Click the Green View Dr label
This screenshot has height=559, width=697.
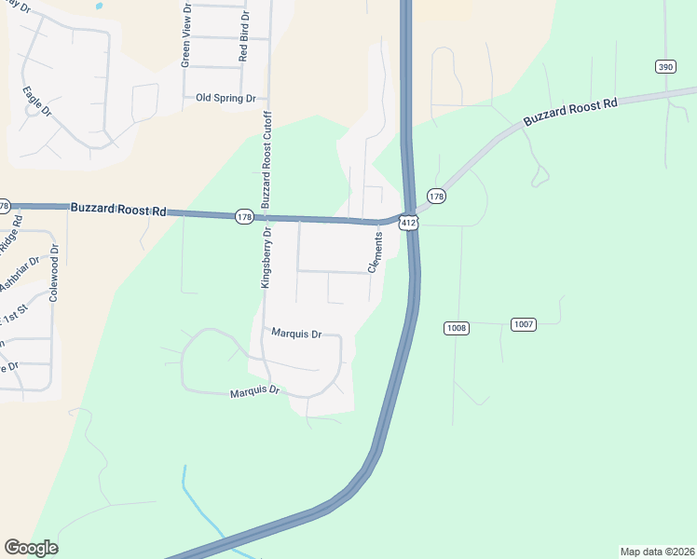(185, 35)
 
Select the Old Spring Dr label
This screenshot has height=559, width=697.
(225, 98)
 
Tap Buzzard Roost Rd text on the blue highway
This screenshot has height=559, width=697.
(118, 211)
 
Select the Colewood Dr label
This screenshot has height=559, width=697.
(54, 274)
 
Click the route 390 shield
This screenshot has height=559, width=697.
(664, 66)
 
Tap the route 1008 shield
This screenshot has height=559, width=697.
(457, 328)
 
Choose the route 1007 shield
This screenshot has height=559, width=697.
(523, 323)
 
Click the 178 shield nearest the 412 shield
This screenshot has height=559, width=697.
(436, 196)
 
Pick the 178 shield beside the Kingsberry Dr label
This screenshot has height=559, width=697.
(244, 216)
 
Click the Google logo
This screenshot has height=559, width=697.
(31, 548)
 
